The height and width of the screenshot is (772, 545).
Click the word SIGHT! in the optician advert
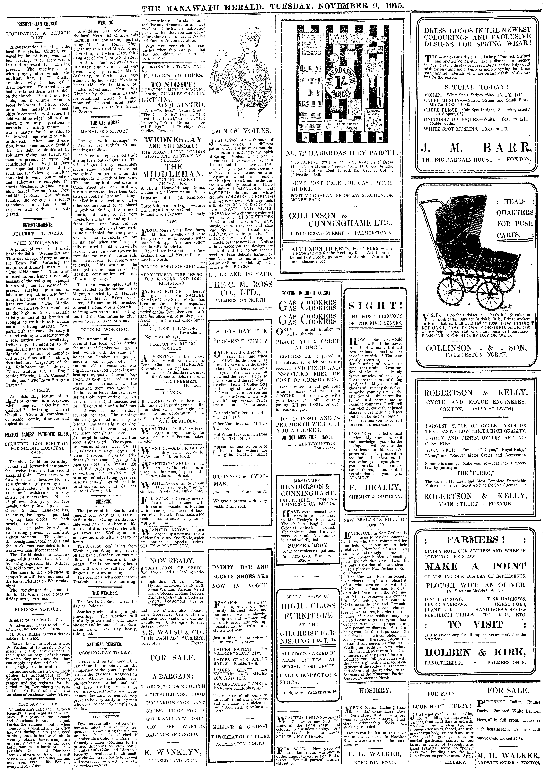tap(375, 305)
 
